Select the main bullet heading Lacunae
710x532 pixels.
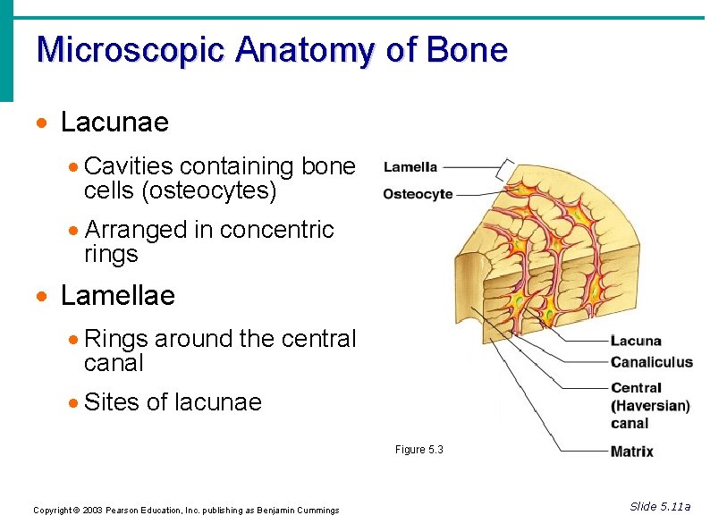[114, 122]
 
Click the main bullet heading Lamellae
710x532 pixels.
[117, 295]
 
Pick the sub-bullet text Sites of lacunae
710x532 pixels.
[173, 402]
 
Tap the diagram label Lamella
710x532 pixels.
[410, 166]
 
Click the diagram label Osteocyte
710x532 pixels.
[418, 194]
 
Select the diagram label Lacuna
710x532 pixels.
[636, 341]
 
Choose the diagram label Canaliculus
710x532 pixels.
[652, 362]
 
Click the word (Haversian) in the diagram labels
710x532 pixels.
[650, 405]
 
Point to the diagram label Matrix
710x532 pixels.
[631, 452]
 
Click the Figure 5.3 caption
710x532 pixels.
[419, 450]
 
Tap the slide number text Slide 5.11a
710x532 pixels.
[660, 507]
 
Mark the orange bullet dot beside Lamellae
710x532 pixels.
[39, 296]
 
